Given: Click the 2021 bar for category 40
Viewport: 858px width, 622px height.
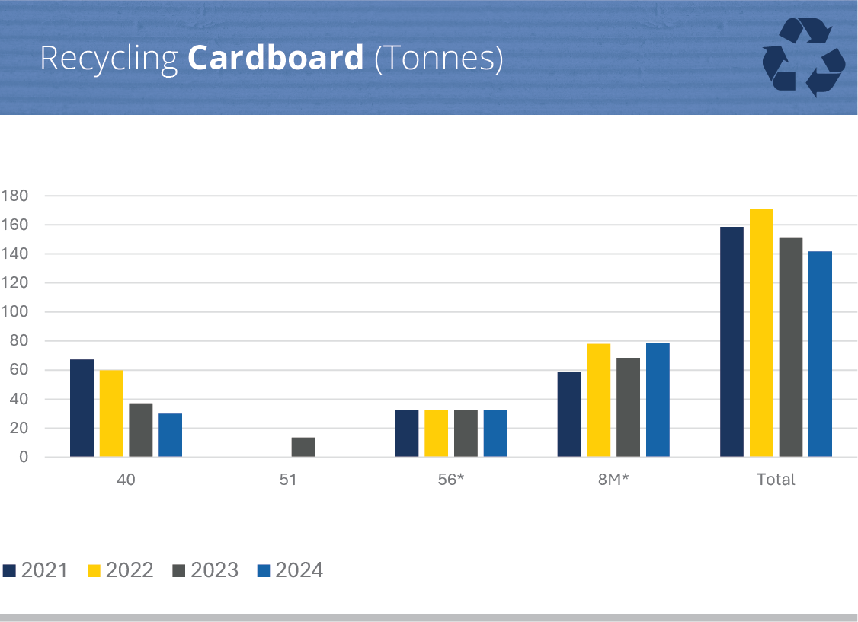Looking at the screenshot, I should [82, 408].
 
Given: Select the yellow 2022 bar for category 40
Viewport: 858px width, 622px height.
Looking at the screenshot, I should [111, 413].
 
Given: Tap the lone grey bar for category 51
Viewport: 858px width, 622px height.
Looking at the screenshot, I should [303, 447].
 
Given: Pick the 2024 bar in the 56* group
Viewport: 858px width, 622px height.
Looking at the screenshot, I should [495, 433].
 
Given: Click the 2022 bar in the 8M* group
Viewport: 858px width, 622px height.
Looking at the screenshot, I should [598, 400].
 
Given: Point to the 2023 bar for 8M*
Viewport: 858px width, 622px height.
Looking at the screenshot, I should [628, 407].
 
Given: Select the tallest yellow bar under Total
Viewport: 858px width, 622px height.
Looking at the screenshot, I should [761, 333].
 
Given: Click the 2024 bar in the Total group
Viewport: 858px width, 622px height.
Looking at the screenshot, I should [820, 354].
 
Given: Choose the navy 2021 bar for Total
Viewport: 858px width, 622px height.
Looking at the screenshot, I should [732, 342].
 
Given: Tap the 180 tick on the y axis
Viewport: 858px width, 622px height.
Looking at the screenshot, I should [14, 196].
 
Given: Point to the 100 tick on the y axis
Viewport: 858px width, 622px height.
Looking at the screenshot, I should [14, 312].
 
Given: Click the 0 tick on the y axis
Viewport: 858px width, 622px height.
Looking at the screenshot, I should [23, 458].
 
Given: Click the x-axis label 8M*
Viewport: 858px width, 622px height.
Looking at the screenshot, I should [613, 480].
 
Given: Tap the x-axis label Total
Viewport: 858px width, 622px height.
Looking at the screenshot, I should [776, 480].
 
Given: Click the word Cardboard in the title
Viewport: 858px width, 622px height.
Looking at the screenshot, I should [276, 59].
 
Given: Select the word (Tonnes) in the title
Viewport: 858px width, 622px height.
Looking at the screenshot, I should [439, 59].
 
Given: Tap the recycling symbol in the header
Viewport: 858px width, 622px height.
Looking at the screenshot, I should [803, 57].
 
